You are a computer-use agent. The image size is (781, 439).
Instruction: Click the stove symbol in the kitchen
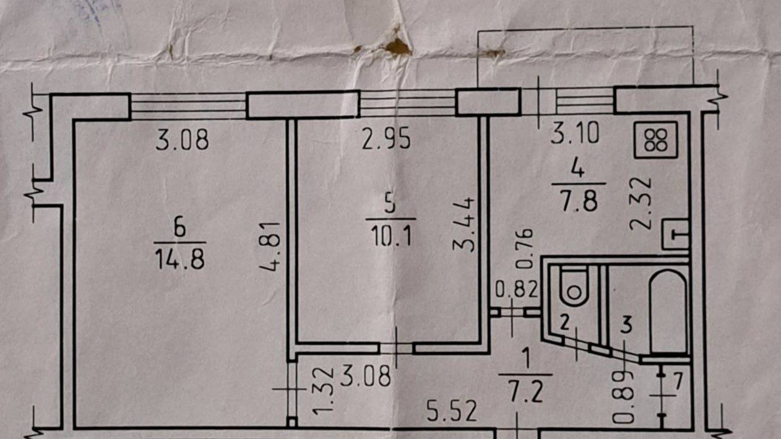coord(655,139)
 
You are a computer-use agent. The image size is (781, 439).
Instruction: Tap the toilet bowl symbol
coord(574,286)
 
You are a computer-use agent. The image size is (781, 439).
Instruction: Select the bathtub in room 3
coord(668,311)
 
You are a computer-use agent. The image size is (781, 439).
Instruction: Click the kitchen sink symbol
coord(676,234)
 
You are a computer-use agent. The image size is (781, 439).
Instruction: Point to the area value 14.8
coord(179,260)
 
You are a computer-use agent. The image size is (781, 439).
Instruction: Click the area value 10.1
coord(391,236)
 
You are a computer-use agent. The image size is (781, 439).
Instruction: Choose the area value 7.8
coord(579,201)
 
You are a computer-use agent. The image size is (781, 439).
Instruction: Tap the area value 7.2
coord(526,392)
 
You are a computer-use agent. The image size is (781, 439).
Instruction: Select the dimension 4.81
coord(270,246)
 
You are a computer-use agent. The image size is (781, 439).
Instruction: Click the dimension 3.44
coord(464,224)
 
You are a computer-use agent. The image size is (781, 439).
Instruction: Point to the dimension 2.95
coord(386,139)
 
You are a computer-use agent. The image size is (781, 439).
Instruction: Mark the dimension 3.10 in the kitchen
coord(574,133)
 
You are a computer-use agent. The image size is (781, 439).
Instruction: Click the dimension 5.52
coord(452,411)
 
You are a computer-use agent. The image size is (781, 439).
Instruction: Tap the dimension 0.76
coord(524,248)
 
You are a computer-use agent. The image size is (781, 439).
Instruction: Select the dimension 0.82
coord(517,289)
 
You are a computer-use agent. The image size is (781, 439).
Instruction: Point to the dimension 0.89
coord(623,397)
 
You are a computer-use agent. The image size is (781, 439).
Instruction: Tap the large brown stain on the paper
coord(399,47)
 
